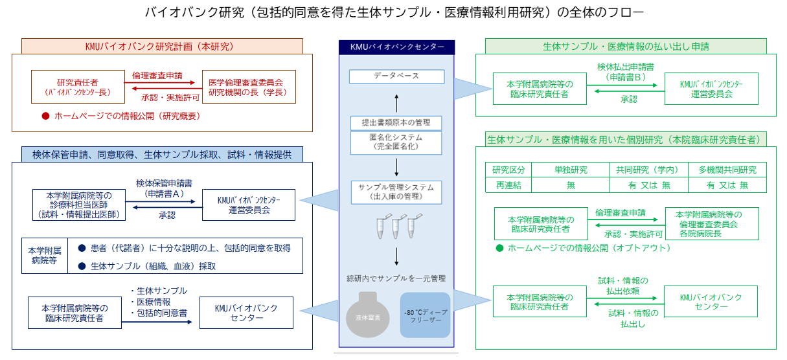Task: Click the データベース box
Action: pos(396,76)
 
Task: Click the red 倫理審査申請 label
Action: pos(157,75)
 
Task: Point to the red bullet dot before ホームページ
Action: pos(45,117)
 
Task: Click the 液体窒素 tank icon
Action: pos(368,315)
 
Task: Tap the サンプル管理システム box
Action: pos(396,192)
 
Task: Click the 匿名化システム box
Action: pos(396,142)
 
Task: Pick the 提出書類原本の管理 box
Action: pos(396,122)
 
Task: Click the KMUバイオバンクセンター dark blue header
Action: pos(396,47)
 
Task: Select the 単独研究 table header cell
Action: pos(571,170)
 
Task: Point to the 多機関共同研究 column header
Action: pos(727,170)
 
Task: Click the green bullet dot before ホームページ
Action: pos(499,248)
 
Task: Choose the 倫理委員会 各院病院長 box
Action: pos(711,224)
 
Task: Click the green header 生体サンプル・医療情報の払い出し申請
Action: pos(625,47)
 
